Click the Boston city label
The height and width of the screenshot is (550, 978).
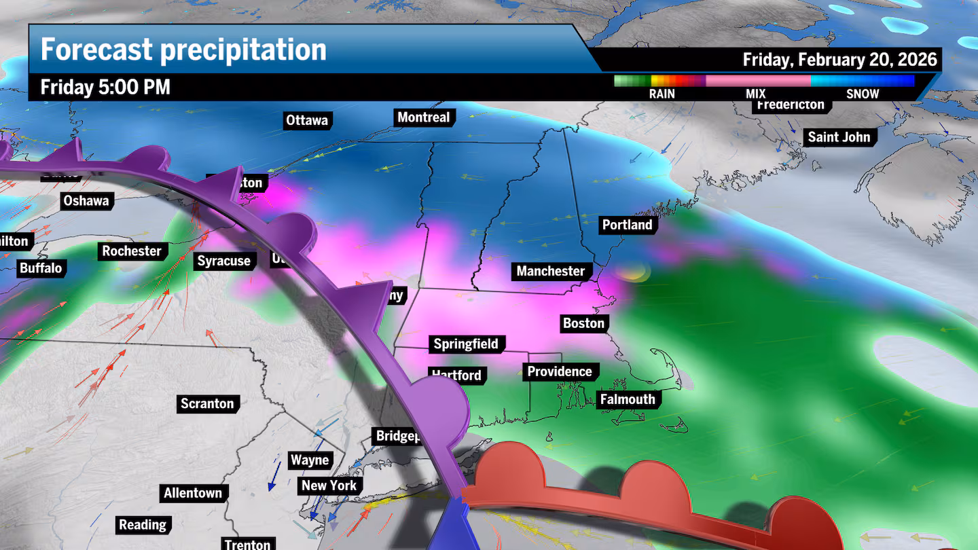pyautogui.click(x=583, y=323)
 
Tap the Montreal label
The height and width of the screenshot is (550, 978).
pyautogui.click(x=423, y=117)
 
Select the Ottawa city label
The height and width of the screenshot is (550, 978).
pyautogui.click(x=307, y=120)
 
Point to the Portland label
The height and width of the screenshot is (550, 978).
pyautogui.click(x=627, y=225)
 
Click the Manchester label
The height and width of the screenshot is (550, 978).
pyautogui.click(x=550, y=271)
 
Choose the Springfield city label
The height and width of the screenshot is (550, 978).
pyautogui.click(x=466, y=344)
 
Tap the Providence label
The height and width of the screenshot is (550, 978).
pyautogui.click(x=560, y=371)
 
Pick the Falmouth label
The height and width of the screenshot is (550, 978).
pyautogui.click(x=627, y=399)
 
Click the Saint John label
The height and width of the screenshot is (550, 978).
pyautogui.click(x=838, y=137)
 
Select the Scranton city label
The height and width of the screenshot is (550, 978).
pyautogui.click(x=207, y=403)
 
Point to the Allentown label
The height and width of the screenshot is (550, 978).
pyautogui.click(x=193, y=493)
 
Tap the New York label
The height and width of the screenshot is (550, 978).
pyautogui.click(x=329, y=485)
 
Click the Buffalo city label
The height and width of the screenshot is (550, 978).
pyautogui.click(x=41, y=268)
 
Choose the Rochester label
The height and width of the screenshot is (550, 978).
pyautogui.click(x=132, y=251)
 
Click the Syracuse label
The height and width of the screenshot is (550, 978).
pyautogui.click(x=223, y=261)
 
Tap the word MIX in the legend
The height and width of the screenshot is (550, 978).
pyautogui.click(x=755, y=94)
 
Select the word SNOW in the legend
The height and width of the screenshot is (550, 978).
pyautogui.click(x=862, y=94)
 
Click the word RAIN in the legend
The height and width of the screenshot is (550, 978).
pyautogui.click(x=662, y=94)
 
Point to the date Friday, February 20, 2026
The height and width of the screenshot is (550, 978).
pyautogui.click(x=839, y=60)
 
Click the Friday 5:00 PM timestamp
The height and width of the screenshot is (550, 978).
pyautogui.click(x=105, y=88)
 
